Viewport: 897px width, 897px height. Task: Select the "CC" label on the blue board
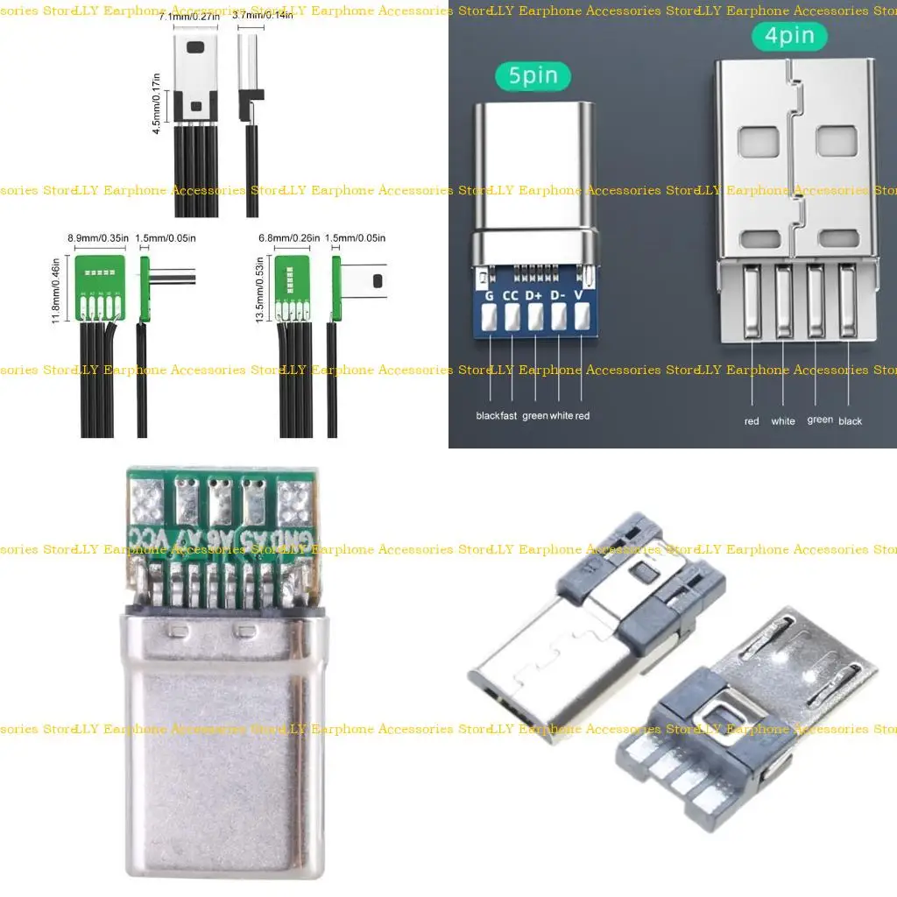tap(511, 296)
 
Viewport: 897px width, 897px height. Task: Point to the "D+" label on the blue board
tap(534, 296)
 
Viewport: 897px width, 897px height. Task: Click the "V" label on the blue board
tap(579, 296)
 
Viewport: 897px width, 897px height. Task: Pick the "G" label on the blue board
tap(489, 296)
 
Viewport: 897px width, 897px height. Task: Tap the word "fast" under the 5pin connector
tap(509, 416)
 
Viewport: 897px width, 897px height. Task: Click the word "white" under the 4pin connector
tap(783, 421)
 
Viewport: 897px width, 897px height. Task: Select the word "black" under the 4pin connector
tap(850, 421)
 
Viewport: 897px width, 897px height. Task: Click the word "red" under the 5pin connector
tap(583, 416)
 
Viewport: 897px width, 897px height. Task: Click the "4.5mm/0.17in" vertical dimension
tap(157, 102)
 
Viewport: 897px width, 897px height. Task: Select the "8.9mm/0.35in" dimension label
tap(98, 237)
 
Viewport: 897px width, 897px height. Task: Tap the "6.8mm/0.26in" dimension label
tap(288, 237)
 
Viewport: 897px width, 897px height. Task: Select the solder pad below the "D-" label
tap(557, 321)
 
